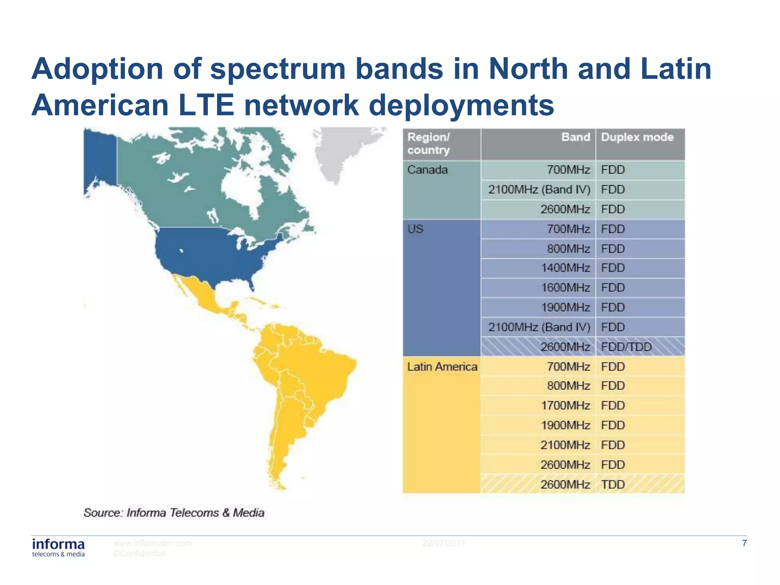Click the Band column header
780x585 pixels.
click(575, 137)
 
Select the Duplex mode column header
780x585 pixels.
click(637, 137)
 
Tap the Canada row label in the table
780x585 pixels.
click(427, 170)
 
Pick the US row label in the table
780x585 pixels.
click(415, 229)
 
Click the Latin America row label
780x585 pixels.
click(442, 367)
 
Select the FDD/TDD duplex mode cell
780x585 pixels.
click(626, 347)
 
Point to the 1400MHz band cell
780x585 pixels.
click(565, 268)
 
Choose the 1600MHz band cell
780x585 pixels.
click(565, 288)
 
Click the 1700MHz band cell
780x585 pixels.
click(565, 406)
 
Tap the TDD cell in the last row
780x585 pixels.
click(613, 484)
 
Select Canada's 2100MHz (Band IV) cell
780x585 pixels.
click(539, 190)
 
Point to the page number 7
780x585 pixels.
click(744, 543)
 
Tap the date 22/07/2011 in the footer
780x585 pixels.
click(444, 543)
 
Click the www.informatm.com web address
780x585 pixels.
click(152, 543)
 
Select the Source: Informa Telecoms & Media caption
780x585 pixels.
click(174, 513)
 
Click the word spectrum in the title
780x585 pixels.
click(278, 69)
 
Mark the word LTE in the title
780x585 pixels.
click(206, 105)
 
